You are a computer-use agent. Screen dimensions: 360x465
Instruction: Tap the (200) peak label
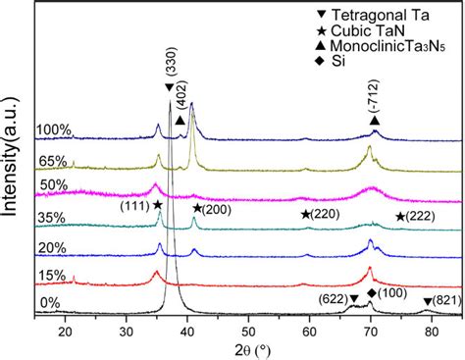pos(213,208)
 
